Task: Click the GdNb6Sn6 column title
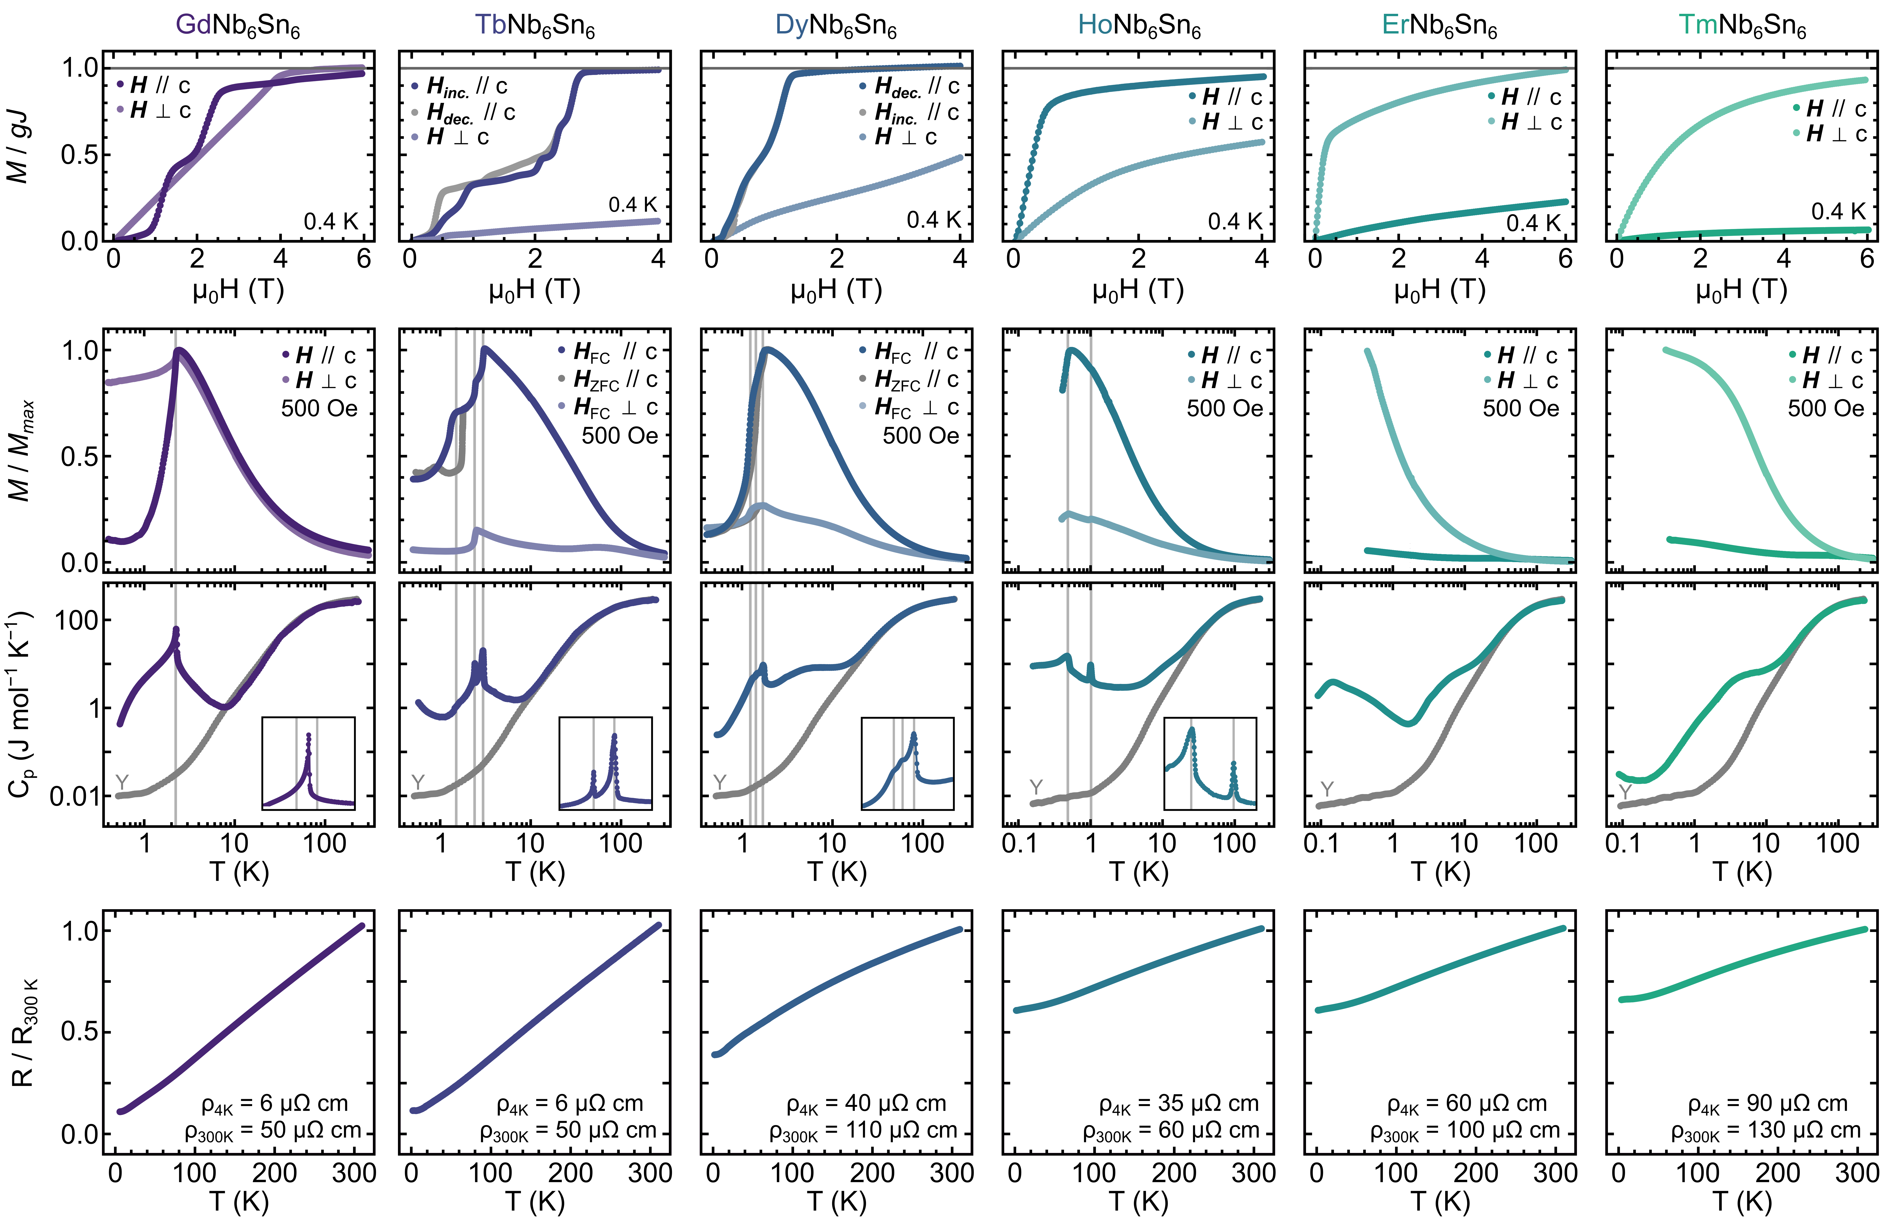(x=238, y=25)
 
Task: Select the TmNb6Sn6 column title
(x=1742, y=25)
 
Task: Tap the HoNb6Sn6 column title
(x=1139, y=25)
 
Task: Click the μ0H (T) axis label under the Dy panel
(x=836, y=290)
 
